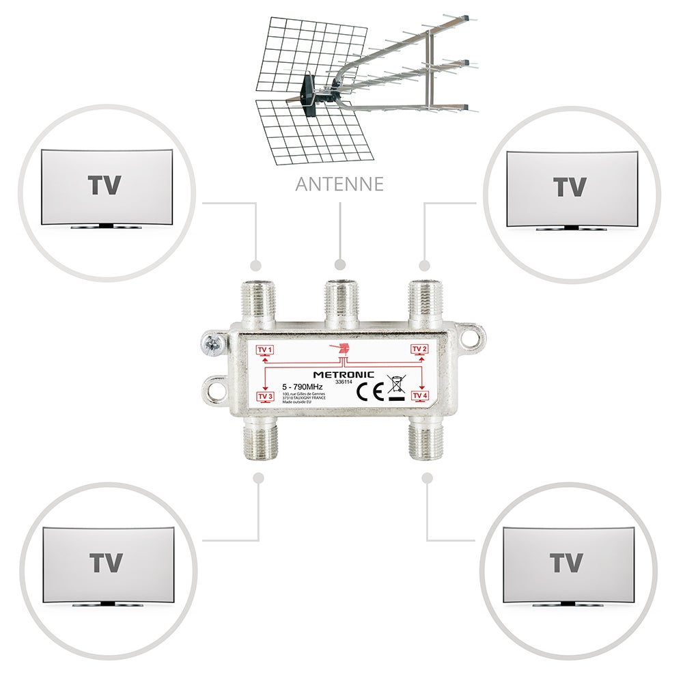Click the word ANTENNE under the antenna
tap(339, 184)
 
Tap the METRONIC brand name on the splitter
tap(343, 374)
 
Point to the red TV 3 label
tap(265, 397)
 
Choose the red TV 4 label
tap(420, 396)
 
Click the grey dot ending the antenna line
tap(340, 264)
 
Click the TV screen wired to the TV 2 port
tap(571, 189)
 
